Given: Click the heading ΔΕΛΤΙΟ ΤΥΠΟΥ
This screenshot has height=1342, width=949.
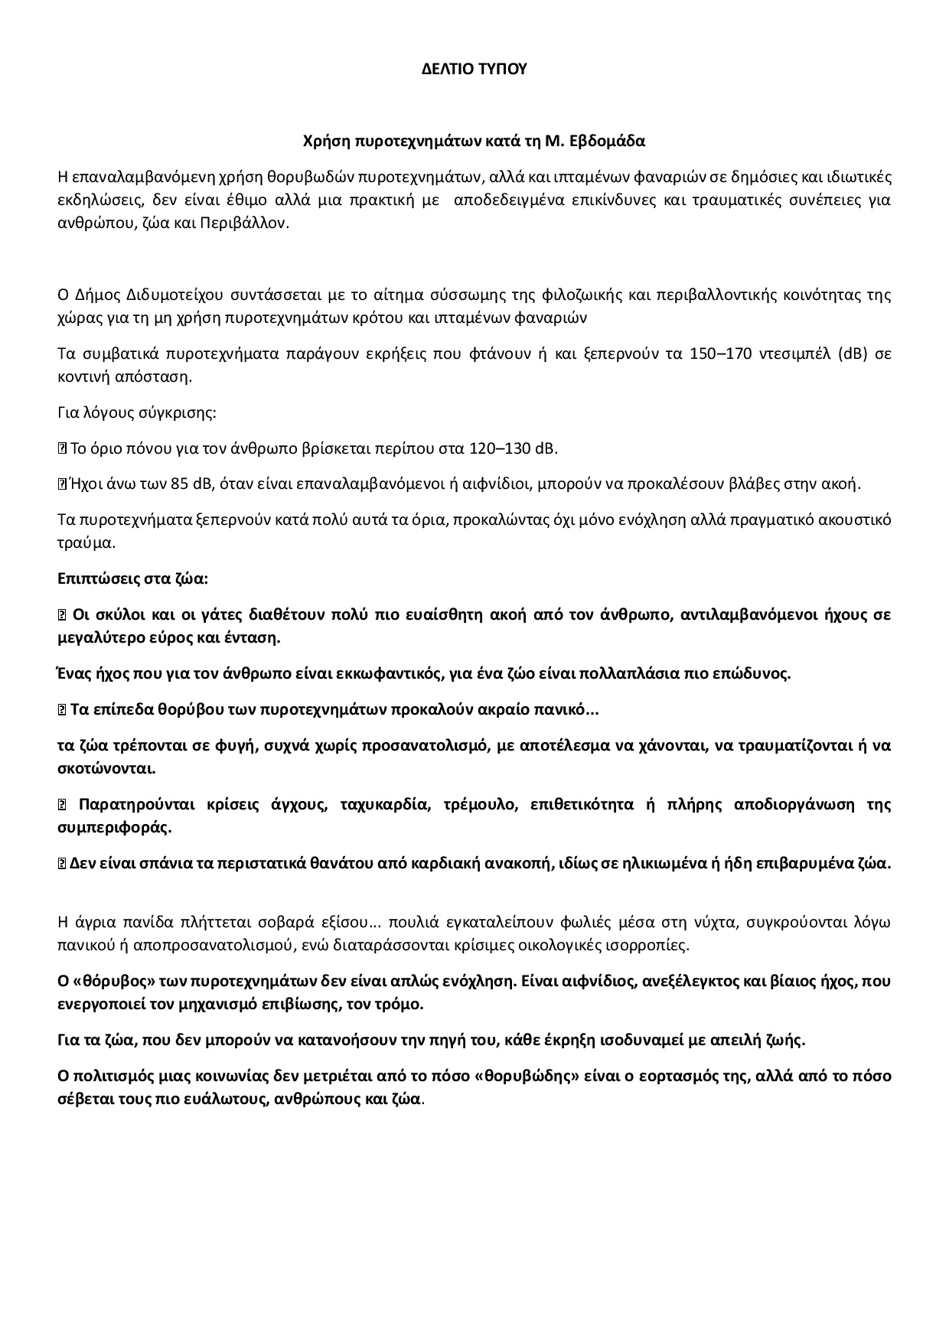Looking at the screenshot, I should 475,69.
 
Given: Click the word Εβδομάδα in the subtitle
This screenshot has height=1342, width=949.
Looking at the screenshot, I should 609,142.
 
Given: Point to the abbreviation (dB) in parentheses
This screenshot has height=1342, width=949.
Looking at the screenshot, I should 856,353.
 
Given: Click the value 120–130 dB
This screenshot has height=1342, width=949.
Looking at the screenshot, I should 524,448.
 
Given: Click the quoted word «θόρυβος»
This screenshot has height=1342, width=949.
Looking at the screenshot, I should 106,981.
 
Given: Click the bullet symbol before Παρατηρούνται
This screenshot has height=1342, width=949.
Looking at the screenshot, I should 63,805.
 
